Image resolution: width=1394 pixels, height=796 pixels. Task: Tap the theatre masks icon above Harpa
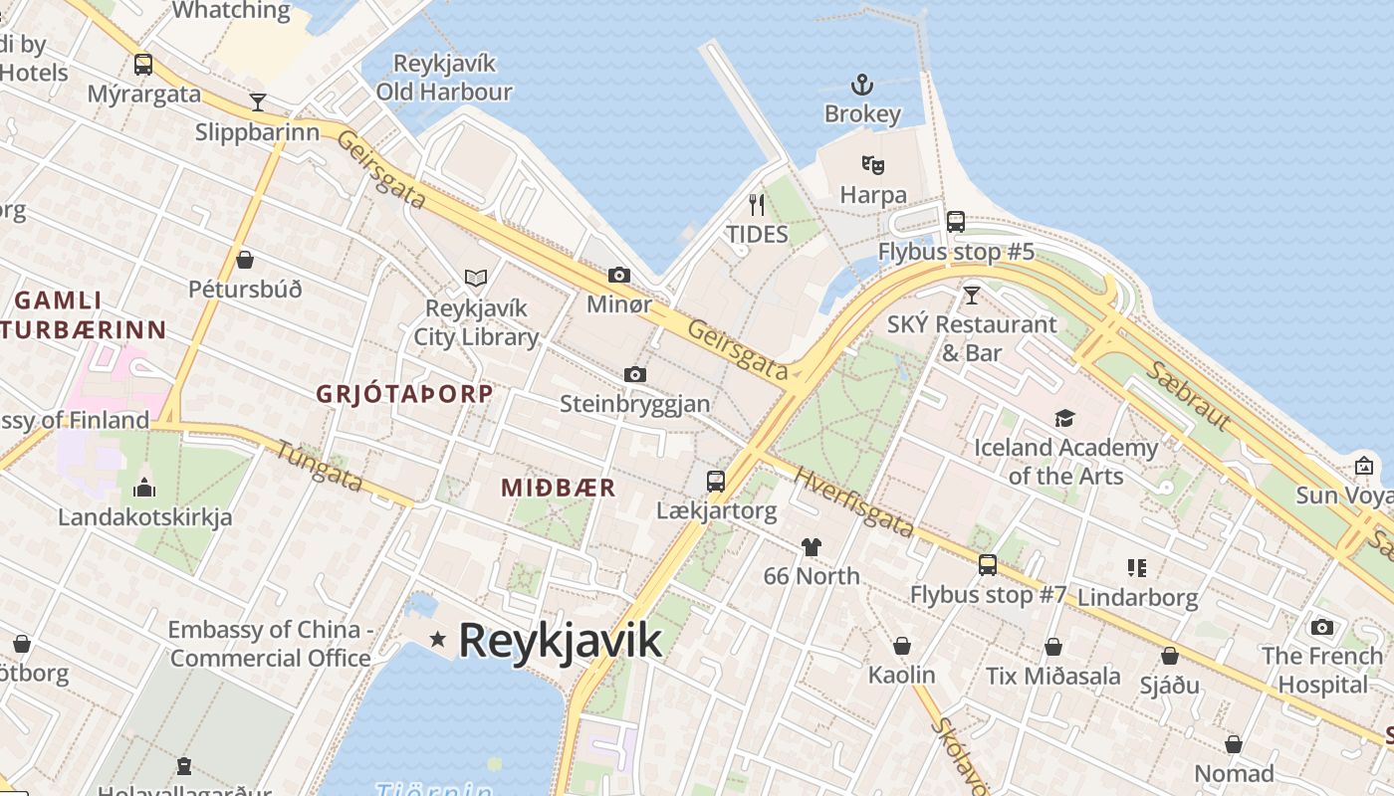click(x=873, y=165)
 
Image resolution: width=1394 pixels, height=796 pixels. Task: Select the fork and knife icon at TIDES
click(x=757, y=205)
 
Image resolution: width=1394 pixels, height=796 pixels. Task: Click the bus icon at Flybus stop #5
click(x=956, y=222)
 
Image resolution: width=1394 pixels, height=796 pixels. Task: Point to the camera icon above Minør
click(x=618, y=275)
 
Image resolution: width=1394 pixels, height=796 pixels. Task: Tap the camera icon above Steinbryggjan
click(x=634, y=374)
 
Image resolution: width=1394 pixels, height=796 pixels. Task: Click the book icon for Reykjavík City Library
click(x=476, y=278)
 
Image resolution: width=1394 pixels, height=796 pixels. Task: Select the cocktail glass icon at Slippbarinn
click(x=258, y=102)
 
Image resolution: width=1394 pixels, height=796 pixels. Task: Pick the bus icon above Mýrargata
click(x=143, y=65)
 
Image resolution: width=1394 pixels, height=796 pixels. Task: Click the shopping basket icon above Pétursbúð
click(x=245, y=260)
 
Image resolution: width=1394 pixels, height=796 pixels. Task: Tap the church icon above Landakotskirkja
click(x=144, y=488)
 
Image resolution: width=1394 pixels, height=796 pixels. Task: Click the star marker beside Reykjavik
click(x=437, y=639)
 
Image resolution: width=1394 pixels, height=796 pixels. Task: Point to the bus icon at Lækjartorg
click(x=715, y=482)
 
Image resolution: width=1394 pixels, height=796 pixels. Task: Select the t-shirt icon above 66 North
click(x=812, y=546)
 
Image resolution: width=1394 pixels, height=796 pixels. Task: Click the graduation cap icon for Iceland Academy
click(x=1064, y=418)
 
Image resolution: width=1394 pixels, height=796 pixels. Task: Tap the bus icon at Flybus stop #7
click(x=987, y=565)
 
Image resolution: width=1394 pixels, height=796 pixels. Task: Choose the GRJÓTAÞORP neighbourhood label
click(x=404, y=394)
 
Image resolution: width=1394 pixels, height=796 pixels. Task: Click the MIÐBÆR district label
click(x=559, y=488)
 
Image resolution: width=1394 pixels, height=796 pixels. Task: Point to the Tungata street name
click(x=319, y=465)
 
